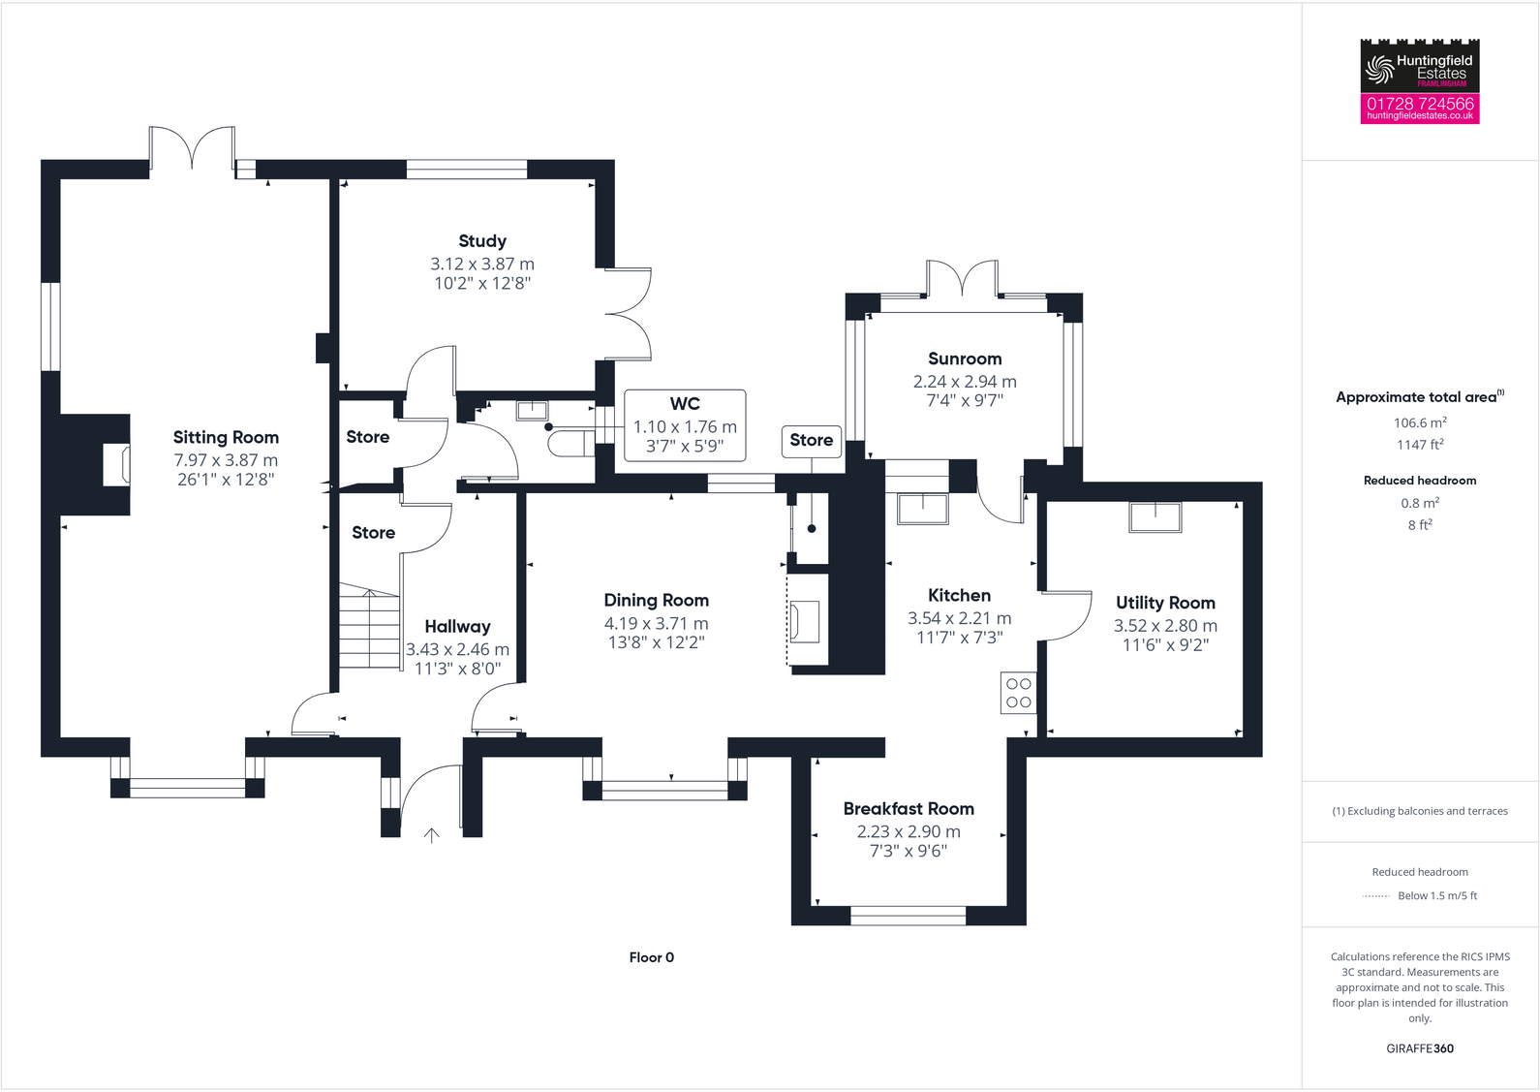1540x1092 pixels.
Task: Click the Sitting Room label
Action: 226,438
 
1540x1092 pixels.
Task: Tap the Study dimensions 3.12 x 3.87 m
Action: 482,264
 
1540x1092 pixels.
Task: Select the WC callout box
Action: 685,425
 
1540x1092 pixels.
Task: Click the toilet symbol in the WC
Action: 570,444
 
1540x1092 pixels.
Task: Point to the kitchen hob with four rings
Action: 1018,693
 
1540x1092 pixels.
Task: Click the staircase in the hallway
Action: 369,628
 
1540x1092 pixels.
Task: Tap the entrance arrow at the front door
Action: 432,835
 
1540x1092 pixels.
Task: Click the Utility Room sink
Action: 1155,516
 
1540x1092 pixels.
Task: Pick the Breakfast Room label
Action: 909,809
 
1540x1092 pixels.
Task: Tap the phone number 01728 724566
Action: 1420,103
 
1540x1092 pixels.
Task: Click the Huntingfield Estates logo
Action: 1419,66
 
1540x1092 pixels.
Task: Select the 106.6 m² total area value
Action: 1420,422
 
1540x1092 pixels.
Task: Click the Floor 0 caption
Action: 651,957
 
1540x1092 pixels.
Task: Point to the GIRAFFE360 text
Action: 1420,1048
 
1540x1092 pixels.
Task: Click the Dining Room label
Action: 657,601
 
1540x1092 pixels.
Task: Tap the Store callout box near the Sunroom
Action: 811,441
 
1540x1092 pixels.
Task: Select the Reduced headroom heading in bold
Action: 1420,481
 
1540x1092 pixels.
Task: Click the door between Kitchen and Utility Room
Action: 1065,615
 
